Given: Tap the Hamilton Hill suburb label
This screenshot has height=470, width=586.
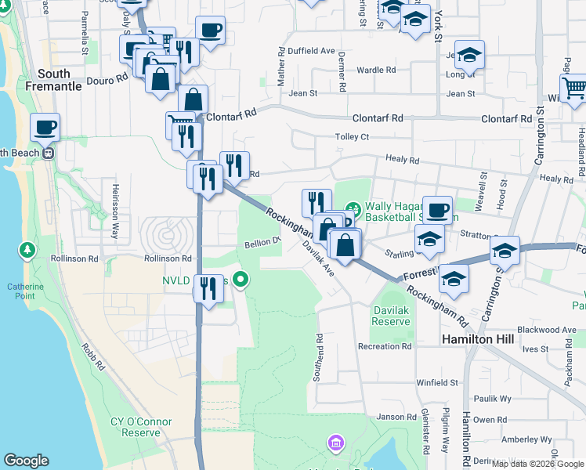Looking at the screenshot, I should pos(476,339).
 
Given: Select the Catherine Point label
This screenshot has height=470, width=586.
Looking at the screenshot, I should pos(26,291).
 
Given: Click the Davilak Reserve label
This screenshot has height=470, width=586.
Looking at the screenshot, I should pos(390,316).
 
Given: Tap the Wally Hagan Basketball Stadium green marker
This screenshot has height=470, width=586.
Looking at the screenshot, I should pos(352,209).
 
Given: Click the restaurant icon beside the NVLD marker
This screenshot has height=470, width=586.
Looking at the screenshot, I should pos(208,288).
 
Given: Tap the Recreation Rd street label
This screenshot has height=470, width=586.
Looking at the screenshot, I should pos(384,346).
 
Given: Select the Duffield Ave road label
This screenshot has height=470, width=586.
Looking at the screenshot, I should pos(311,50).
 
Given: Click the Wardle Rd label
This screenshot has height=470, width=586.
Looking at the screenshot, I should pos(376,70).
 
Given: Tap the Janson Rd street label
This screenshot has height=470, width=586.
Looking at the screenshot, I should pos(394,417).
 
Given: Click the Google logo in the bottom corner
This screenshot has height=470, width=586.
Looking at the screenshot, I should pos(27,461).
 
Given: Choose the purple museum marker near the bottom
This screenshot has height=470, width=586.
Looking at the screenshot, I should pos(337,444).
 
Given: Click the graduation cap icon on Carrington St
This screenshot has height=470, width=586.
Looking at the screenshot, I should pos(505,251).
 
